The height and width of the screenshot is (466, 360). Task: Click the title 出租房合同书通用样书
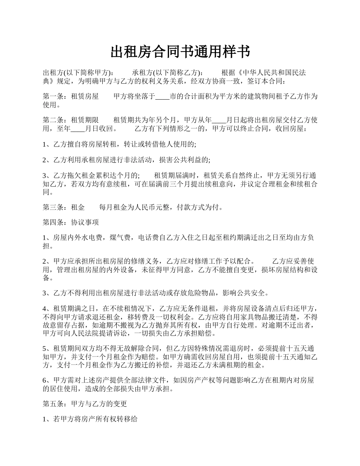180,52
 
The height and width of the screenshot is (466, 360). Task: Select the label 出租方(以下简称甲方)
78,73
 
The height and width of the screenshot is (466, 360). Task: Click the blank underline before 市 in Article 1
163,97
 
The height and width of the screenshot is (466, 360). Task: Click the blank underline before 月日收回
78,129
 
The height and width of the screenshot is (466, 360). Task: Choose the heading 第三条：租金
64,208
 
